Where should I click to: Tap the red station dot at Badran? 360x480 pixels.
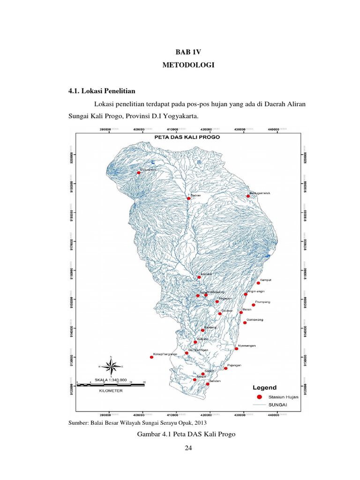(189, 198)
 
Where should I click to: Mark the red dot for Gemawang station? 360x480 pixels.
(245, 322)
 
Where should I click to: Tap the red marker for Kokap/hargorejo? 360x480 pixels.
(151, 357)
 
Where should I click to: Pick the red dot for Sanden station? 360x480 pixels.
(208, 384)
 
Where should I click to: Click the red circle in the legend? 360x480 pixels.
(259, 397)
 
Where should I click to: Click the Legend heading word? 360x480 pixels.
(265, 388)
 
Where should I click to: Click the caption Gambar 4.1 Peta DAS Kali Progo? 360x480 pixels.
(186, 435)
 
